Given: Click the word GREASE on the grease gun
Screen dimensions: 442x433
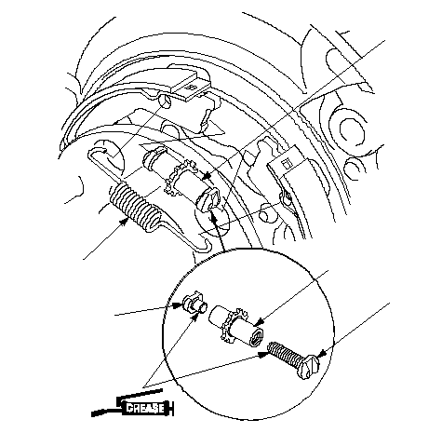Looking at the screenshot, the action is [145, 408].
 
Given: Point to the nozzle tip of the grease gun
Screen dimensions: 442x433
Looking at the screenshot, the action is [93, 413].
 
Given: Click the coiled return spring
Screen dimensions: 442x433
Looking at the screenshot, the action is [134, 207].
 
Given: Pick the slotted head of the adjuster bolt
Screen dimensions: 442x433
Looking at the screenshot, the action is [308, 368].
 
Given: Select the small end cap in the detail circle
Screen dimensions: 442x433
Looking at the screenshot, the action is [194, 304].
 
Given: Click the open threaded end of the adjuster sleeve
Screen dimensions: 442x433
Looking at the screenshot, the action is [257, 337].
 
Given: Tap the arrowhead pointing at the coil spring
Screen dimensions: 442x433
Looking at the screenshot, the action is [125, 222].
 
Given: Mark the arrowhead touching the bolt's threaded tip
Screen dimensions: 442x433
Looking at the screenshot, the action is [263, 354].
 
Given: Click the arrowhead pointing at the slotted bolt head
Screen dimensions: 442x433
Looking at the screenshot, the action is [322, 354].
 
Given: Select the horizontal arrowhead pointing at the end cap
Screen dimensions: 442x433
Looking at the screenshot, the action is [178, 305].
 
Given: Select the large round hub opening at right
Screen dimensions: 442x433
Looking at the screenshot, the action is [352, 129].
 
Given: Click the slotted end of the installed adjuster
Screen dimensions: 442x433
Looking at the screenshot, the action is [210, 199].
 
